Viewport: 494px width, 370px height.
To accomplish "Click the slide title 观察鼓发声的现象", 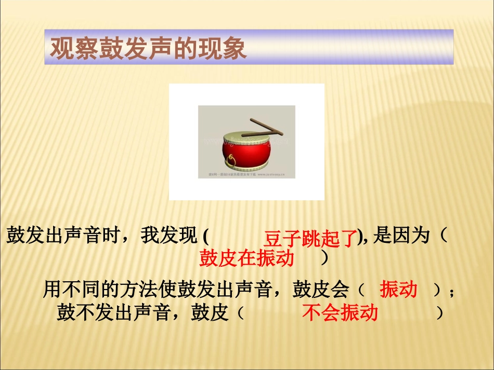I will pos(148,48).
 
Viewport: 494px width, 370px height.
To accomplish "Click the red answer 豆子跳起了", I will pos(311,239).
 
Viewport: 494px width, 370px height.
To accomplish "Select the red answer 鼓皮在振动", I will pos(246,258).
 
